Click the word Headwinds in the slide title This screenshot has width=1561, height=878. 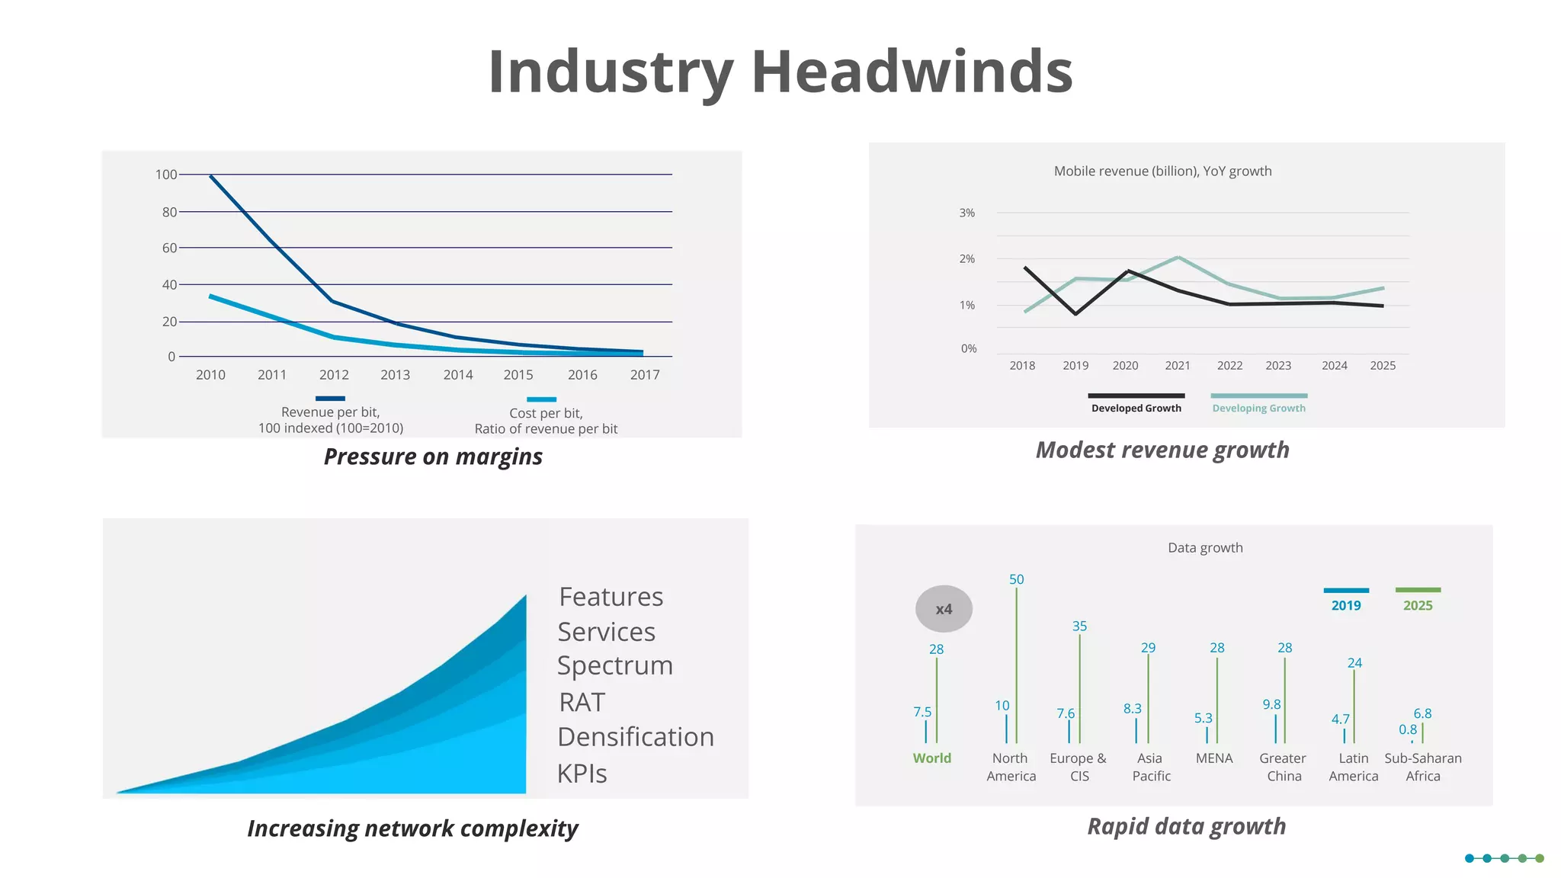pos(912,72)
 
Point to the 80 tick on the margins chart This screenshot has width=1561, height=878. pos(169,212)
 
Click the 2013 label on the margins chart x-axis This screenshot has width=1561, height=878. pos(395,375)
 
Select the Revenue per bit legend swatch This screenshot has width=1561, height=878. pos(330,398)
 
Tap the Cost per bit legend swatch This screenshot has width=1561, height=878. pos(541,399)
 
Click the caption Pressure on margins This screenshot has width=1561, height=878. pos(433,457)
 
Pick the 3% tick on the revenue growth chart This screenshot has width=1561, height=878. pos(966,213)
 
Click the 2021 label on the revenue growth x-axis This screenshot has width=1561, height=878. pos(1178,366)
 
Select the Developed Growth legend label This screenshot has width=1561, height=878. pos(1136,409)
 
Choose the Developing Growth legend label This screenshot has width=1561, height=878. pos(1258,409)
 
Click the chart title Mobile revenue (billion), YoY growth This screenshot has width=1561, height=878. pos(1162,171)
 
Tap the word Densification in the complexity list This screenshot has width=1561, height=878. pos(636,737)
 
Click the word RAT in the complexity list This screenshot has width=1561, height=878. pos(582,702)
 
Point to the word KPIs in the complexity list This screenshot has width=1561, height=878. pos(582,774)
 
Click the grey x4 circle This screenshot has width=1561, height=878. pos(944,609)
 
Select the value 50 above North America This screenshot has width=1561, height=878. pos(1016,579)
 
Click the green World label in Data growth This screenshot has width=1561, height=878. pos(931,758)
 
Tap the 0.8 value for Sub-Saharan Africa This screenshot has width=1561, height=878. pos(1407,729)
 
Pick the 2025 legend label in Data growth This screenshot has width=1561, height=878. pos(1418,606)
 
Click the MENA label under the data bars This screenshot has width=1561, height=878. pos(1213,758)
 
